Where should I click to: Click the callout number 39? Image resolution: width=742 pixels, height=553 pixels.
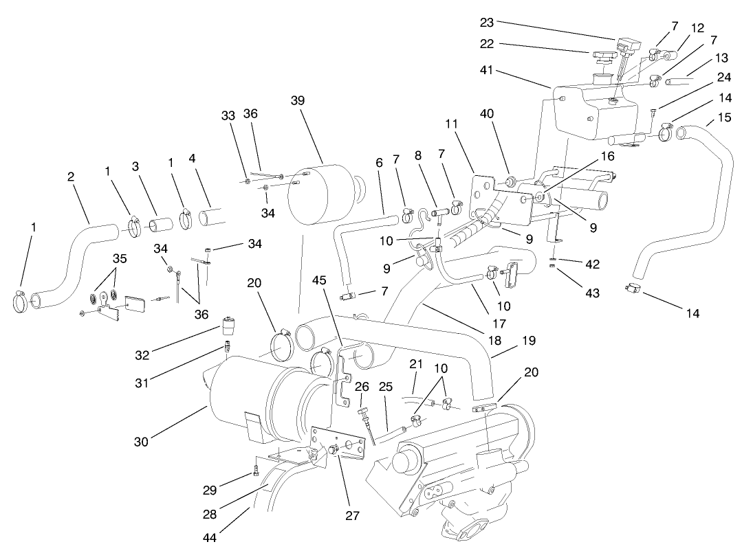point(298,101)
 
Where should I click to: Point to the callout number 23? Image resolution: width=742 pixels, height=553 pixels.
point(487,22)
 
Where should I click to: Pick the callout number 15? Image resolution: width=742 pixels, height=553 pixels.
point(724,117)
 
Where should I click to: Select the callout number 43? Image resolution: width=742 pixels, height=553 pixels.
point(592,293)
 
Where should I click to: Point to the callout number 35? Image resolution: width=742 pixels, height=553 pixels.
point(120,259)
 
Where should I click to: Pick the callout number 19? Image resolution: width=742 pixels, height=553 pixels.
point(510,340)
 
